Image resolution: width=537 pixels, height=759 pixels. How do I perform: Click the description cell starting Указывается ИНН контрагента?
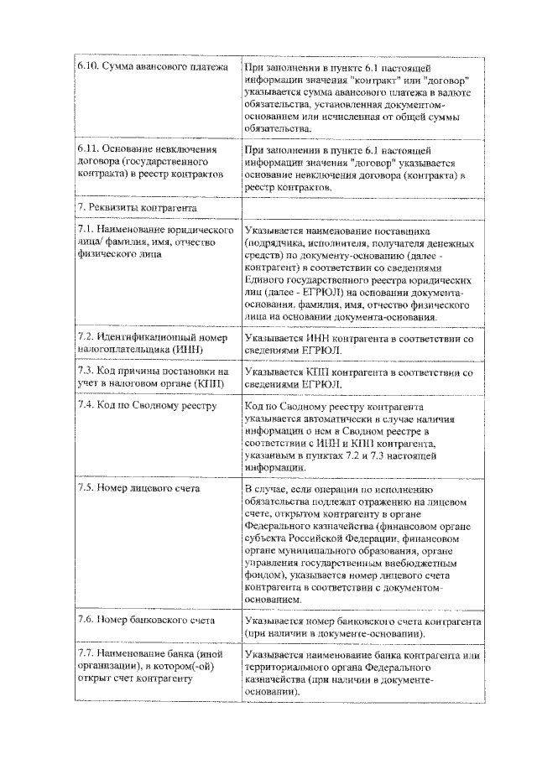(x=360, y=343)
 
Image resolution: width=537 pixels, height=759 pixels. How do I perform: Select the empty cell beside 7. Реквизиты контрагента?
(x=362, y=206)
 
